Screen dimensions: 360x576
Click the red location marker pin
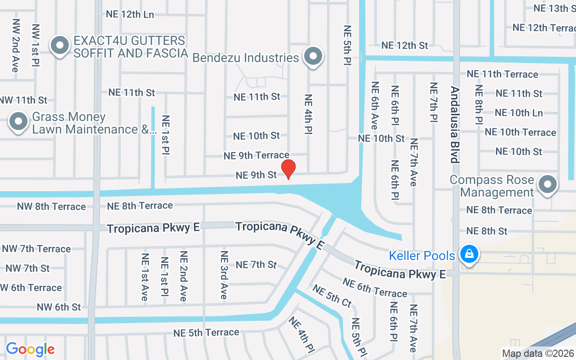288,169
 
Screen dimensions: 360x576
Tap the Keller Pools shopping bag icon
469,255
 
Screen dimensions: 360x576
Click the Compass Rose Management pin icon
547,184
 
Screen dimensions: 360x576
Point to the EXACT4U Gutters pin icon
59,46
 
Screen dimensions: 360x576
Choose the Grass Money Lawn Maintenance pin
19,122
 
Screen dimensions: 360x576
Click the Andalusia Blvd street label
454,125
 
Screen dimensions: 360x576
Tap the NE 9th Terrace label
256,155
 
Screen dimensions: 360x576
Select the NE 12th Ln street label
130,14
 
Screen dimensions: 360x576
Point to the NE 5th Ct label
332,296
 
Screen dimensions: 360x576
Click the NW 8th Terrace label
51,207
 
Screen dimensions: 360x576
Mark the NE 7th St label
256,264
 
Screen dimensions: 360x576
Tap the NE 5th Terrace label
207,333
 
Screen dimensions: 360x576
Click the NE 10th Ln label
519,113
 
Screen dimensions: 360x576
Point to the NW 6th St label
59,307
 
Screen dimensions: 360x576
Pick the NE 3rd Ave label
224,275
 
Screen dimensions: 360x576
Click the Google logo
30,349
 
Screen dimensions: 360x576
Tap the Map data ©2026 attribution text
538,354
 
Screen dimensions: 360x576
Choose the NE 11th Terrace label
502,74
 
